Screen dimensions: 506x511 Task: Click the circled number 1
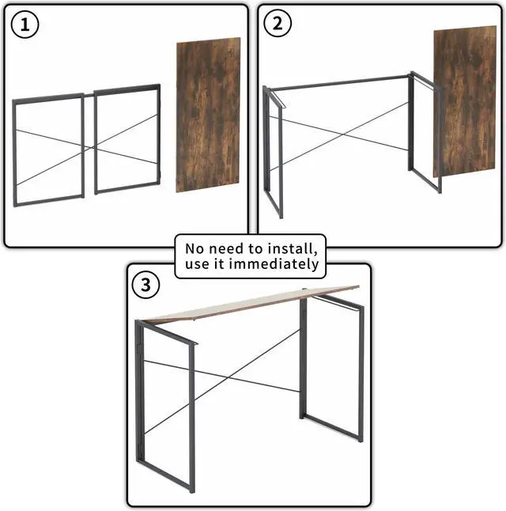click(x=25, y=25)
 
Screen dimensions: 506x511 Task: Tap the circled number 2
click(x=278, y=23)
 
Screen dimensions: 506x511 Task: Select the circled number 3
click(x=145, y=285)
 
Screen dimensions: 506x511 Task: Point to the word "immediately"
click(x=274, y=263)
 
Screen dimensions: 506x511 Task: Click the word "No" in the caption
click(x=195, y=248)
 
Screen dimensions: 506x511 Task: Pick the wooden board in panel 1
click(x=208, y=115)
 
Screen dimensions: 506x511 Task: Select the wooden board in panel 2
click(x=464, y=101)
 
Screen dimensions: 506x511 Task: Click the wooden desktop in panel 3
click(x=251, y=304)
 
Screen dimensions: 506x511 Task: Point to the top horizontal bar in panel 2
click(x=339, y=83)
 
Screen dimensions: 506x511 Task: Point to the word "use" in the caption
click(x=196, y=264)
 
